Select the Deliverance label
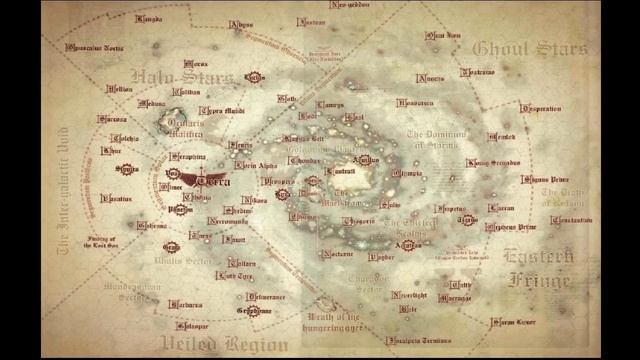point(266,296)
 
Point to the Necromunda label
point(228,221)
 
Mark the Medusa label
point(152,103)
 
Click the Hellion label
point(120,89)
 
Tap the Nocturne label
point(337,254)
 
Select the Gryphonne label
point(254,311)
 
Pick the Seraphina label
point(188,157)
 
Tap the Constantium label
point(571,220)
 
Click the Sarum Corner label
point(513,323)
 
